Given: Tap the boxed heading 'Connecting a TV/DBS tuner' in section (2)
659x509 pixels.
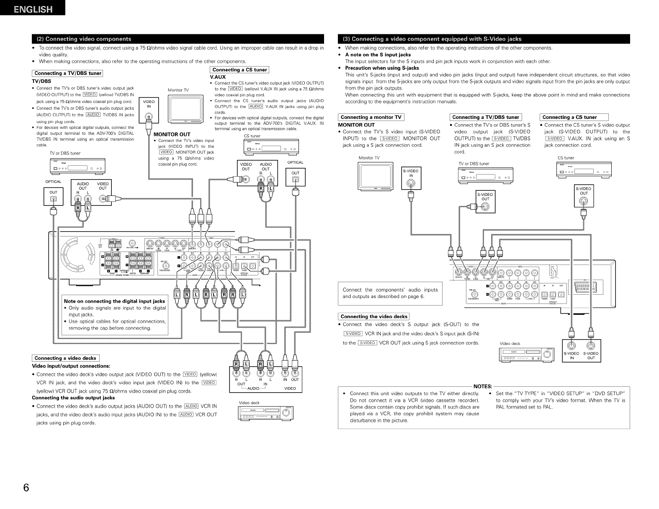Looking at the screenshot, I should click(68, 73).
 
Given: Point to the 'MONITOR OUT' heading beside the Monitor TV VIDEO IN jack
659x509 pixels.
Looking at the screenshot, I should click(172, 134).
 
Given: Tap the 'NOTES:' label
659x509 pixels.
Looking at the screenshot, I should click(482, 386).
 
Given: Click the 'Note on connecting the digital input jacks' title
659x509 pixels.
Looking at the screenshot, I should click(114, 301).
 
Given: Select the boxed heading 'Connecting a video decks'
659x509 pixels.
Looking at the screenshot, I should click(65, 358).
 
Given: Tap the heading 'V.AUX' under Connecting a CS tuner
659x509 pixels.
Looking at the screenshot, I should click(217, 77).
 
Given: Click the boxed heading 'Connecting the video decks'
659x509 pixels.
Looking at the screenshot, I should click(374, 316).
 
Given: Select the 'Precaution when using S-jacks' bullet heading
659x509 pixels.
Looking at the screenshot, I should click(381, 68).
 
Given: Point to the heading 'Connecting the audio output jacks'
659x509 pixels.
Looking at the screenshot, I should click(73, 397).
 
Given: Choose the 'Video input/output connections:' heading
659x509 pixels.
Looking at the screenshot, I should click(71, 366).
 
